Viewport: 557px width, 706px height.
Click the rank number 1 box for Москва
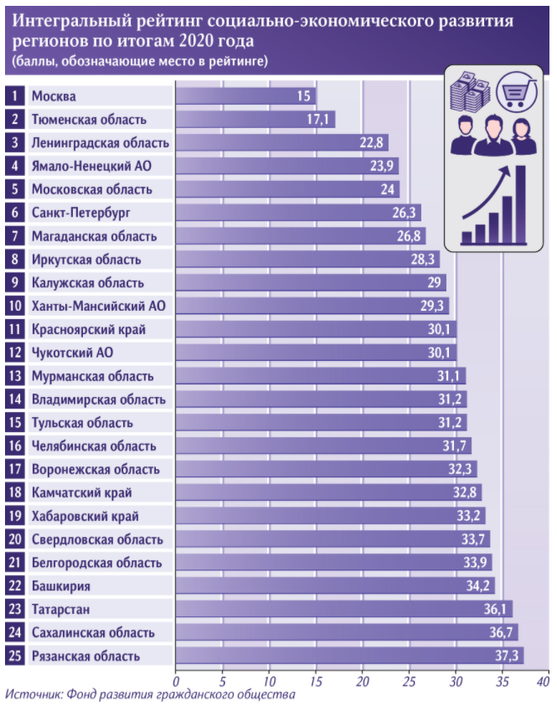click(x=14, y=96)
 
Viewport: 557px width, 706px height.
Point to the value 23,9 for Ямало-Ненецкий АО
click(x=384, y=167)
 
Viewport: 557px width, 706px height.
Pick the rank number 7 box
click(x=14, y=236)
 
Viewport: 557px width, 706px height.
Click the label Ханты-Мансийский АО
click(x=98, y=306)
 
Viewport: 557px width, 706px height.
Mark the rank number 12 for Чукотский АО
click(x=14, y=353)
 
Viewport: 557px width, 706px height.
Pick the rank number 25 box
click(x=14, y=656)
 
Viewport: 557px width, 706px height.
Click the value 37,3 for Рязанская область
click(x=508, y=656)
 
